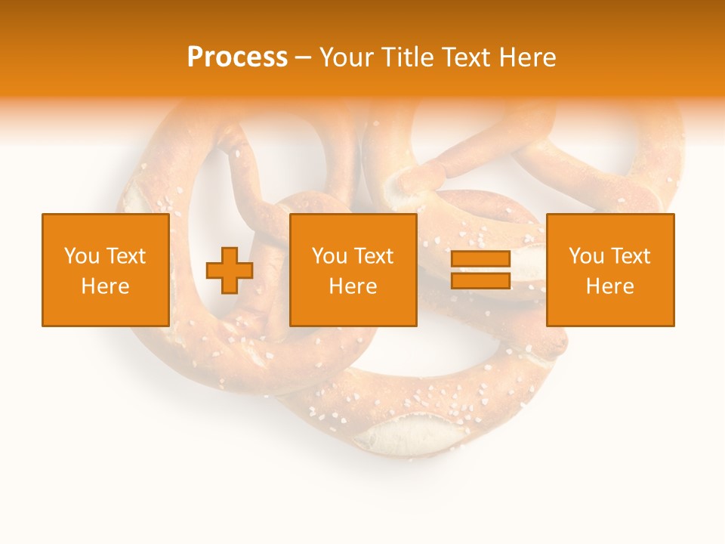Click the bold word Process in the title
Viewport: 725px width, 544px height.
point(237,57)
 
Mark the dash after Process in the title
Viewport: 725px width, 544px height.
point(303,57)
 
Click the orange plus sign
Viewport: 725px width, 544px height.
point(230,270)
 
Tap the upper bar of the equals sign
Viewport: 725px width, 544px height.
point(480,259)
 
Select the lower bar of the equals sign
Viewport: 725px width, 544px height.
point(480,280)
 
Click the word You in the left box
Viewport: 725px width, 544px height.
point(81,256)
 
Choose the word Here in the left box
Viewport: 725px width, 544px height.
point(105,286)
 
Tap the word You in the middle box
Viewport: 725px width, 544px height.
point(329,256)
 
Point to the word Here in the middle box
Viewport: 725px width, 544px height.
point(353,286)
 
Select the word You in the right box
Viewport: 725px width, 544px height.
point(585,256)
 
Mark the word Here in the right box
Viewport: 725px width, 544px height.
point(609,286)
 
